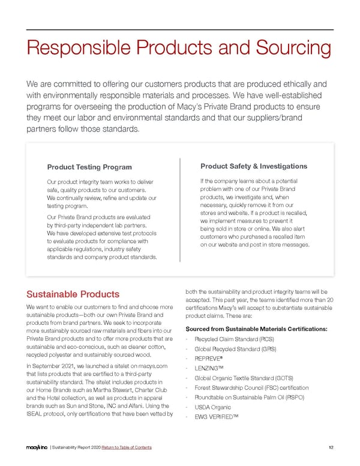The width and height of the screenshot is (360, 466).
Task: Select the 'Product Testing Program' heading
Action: coord(89,167)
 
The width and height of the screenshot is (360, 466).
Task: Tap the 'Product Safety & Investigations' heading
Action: coord(253,166)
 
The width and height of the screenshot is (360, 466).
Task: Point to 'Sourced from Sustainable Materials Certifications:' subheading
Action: coord(257,328)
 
